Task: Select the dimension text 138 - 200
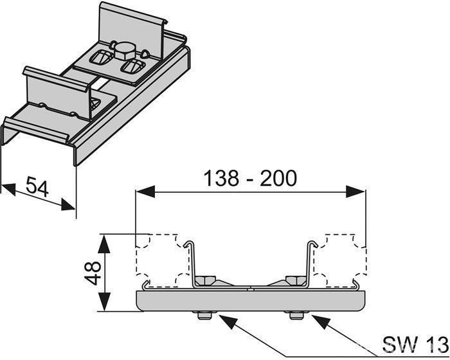[250, 177]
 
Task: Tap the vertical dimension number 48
[94, 273]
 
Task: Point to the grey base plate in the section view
[250, 301]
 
